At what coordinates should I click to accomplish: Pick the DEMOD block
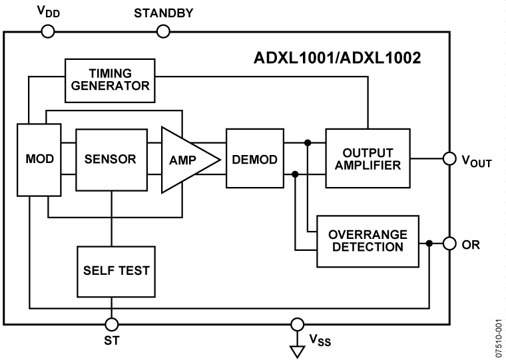tap(255, 160)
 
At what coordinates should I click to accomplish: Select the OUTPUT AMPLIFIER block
tap(368, 159)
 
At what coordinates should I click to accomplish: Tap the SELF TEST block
tap(111, 271)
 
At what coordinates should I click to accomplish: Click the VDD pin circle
tap(47, 31)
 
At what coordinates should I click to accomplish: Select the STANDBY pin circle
tap(162, 31)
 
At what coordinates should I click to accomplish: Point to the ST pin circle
tap(111, 325)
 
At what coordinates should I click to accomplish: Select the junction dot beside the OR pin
tap(429, 244)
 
